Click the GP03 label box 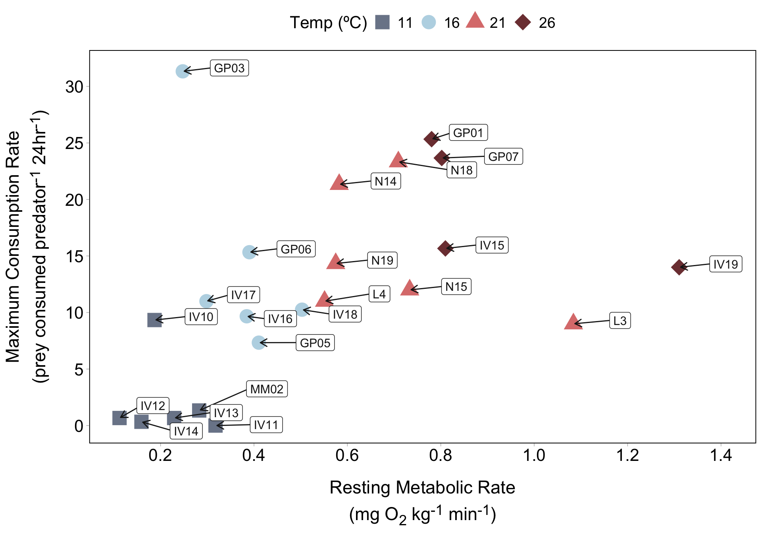coord(229,68)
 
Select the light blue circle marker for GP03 coord(182,72)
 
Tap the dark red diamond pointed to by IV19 coord(679,267)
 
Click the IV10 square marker coord(154,320)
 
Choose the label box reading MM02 coord(267,389)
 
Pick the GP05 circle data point coord(258,342)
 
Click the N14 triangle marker coord(339,183)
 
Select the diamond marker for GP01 coord(431,139)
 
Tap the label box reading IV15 coord(492,245)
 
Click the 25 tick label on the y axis coord(75,143)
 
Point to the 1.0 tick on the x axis coord(534,455)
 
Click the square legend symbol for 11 coord(383,22)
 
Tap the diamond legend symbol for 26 coord(523,22)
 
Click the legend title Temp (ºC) coord(328,23)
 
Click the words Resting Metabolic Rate coord(422,488)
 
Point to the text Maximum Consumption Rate coord(13,246)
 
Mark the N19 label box coord(382,260)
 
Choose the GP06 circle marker coord(249,252)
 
